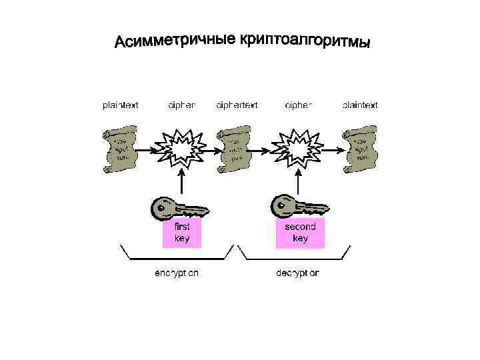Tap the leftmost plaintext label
(121, 105)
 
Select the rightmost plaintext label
(360, 105)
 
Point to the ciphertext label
(237, 105)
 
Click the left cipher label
(182, 105)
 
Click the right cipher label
(298, 105)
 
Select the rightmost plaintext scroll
(361, 151)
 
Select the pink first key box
(181, 233)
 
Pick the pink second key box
(300, 233)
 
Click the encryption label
(176, 273)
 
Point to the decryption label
(297, 273)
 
